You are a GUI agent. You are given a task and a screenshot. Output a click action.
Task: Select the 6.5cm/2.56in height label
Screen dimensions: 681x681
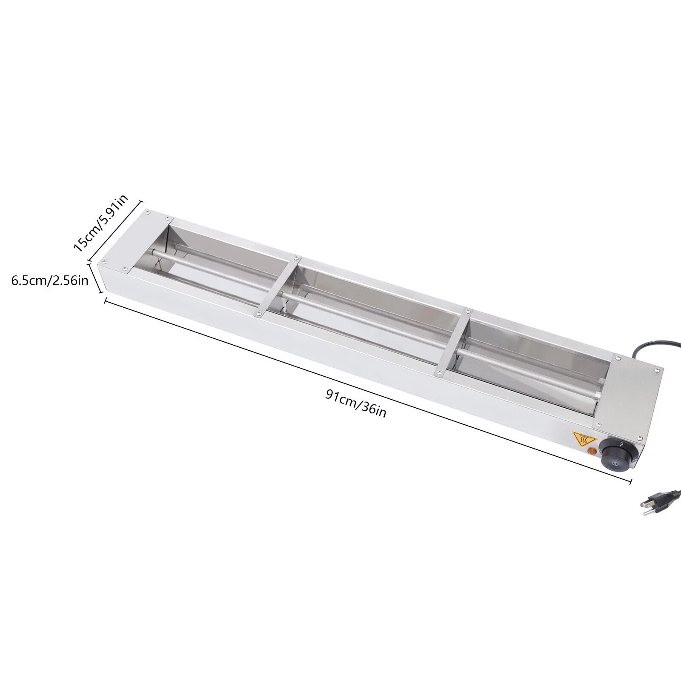click(x=50, y=281)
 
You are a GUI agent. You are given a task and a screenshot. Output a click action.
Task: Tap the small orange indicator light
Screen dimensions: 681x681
click(x=591, y=451)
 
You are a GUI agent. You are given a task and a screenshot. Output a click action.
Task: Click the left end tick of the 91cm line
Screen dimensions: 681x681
click(x=105, y=300)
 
